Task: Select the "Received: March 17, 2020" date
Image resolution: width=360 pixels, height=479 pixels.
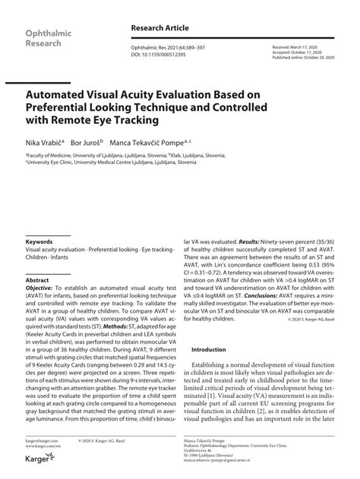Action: (297, 46)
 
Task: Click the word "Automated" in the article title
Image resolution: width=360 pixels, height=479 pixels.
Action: (62, 94)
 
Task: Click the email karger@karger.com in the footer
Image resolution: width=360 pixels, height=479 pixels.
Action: (42, 441)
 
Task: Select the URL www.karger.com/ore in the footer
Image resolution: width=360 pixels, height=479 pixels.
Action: (43, 446)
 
